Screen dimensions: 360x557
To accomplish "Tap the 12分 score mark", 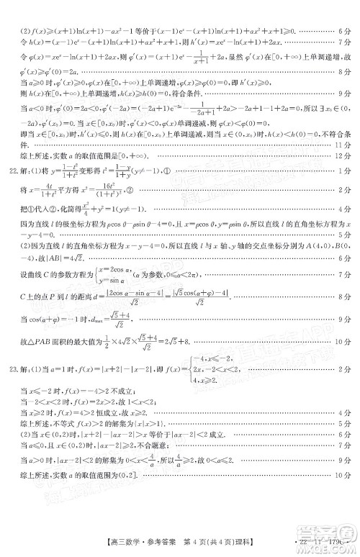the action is pos(343,153).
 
